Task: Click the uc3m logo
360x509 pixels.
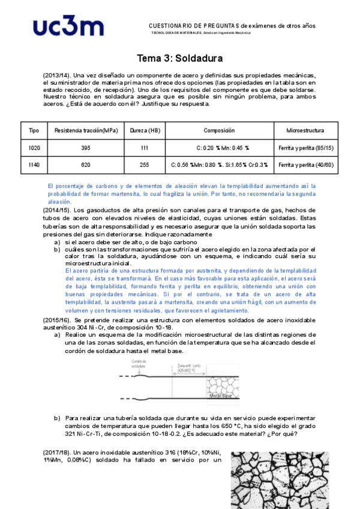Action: pyautogui.click(x=68, y=28)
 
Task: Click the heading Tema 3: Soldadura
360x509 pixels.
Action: pyautogui.click(x=180, y=58)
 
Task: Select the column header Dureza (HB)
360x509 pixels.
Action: pyautogui.click(x=145, y=130)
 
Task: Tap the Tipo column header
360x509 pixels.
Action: pyautogui.click(x=34, y=130)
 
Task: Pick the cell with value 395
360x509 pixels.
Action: pyautogui.click(x=86, y=148)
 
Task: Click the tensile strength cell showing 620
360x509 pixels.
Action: pyautogui.click(x=86, y=164)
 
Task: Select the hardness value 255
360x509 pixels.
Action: pyautogui.click(x=145, y=164)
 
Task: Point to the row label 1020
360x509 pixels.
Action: pyautogui.click(x=34, y=148)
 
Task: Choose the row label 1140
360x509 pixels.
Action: pyautogui.click(x=34, y=164)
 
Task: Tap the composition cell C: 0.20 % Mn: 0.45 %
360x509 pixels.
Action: pyautogui.click(x=219, y=148)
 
